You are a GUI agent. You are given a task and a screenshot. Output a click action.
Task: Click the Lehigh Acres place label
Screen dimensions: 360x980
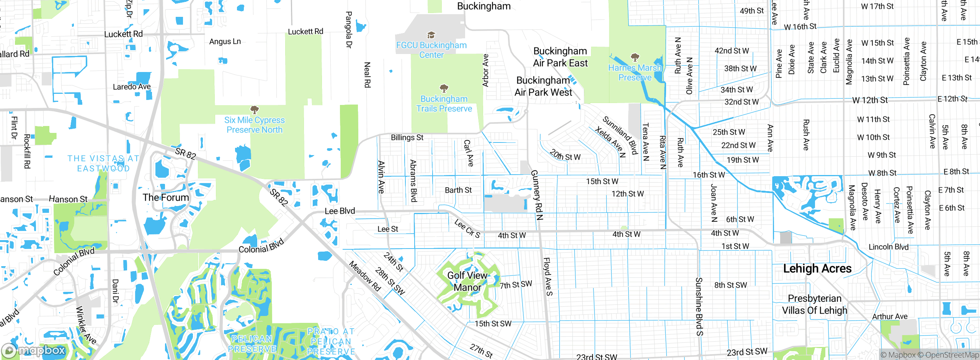click(x=817, y=268)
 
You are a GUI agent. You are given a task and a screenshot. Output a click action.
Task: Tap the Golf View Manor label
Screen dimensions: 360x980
click(x=467, y=281)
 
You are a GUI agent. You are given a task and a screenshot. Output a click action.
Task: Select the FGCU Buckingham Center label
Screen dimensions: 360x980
click(x=431, y=50)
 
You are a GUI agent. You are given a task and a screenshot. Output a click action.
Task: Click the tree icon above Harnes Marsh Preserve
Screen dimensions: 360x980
click(x=635, y=57)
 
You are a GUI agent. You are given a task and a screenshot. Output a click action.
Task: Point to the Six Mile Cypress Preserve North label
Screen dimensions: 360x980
click(x=254, y=125)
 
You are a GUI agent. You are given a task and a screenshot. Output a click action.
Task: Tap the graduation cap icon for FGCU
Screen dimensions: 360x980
click(x=431, y=35)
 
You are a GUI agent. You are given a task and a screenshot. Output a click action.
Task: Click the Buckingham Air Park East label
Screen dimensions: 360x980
click(x=560, y=57)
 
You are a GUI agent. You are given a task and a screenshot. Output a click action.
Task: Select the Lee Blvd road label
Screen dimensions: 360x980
click(x=340, y=211)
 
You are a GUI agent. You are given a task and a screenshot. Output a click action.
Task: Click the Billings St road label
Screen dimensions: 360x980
click(x=407, y=137)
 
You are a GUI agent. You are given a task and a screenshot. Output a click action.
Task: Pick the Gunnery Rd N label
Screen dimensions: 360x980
click(x=537, y=195)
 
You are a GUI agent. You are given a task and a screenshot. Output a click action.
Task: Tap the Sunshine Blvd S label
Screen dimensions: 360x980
click(x=699, y=306)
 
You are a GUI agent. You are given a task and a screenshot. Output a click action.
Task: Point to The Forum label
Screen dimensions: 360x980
click(x=166, y=198)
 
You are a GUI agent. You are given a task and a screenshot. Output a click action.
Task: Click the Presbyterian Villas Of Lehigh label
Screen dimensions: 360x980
click(x=814, y=304)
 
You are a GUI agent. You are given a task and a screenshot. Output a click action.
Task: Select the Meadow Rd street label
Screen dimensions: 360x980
click(x=365, y=276)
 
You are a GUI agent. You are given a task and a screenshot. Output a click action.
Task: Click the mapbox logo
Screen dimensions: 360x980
click(x=34, y=350)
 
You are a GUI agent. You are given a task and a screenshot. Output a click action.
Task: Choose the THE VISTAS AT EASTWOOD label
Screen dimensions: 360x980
click(x=103, y=164)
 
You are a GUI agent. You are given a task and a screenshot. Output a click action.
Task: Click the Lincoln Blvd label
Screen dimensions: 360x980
click(x=888, y=247)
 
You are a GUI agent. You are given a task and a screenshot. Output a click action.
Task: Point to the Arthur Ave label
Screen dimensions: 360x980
click(x=889, y=316)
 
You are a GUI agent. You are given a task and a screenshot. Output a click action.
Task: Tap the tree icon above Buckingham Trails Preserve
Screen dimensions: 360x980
click(x=444, y=88)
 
